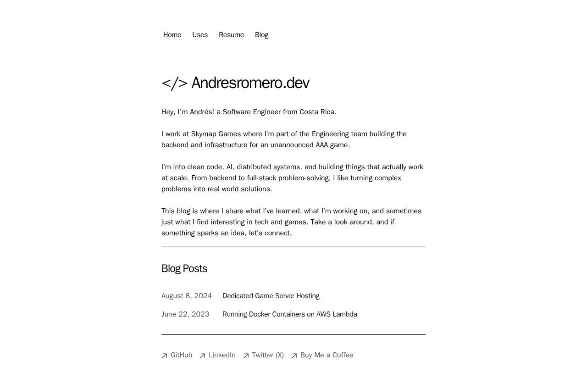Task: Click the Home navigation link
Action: click(172, 35)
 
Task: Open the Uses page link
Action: click(200, 35)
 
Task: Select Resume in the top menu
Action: click(231, 35)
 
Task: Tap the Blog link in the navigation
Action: click(261, 35)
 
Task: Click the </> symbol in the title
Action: click(174, 83)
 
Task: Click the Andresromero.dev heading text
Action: click(250, 83)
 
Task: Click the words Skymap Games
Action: click(216, 134)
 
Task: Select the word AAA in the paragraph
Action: click(321, 145)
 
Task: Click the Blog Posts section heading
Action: click(184, 268)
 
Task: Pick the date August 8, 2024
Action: click(187, 296)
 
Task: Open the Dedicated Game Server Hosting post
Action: click(271, 296)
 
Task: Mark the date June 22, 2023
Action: click(185, 314)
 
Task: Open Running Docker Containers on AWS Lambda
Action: click(289, 314)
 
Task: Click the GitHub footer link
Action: click(181, 355)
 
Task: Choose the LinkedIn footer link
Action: click(222, 355)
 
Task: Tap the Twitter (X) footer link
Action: click(267, 355)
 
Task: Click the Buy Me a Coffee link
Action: click(327, 355)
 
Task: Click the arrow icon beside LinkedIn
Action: click(202, 356)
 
